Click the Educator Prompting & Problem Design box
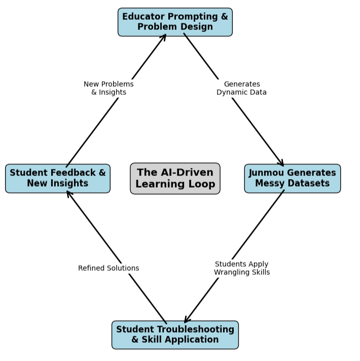(175, 22)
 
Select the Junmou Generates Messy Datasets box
(292, 178)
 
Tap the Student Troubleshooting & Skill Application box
(175, 335)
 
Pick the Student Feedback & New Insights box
(58, 178)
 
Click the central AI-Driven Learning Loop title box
(175, 178)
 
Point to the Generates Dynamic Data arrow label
(241, 88)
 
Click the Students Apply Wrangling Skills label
(241, 268)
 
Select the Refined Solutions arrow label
(109, 268)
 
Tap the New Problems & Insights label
(109, 88)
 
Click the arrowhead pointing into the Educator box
(164, 36)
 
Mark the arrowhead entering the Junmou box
(282, 164)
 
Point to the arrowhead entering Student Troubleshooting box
(186, 320)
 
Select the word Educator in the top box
(144, 17)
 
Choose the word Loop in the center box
(202, 184)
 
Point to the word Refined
(92, 268)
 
